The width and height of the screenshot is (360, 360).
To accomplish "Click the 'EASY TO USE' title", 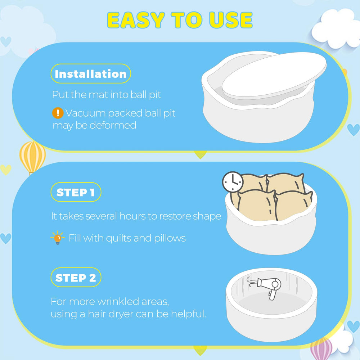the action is tap(180, 20).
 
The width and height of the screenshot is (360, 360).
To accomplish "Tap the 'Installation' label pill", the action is tap(91, 74).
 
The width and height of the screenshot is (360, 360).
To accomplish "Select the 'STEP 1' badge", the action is tap(76, 192).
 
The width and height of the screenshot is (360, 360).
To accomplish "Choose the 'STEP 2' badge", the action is tap(76, 277).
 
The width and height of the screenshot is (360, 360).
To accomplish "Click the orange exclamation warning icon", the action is tap(58, 113).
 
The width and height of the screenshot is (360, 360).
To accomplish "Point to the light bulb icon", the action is tap(57, 238).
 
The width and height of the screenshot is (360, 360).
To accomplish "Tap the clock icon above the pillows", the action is tap(233, 182).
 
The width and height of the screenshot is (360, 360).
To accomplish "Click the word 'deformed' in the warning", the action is tap(113, 125).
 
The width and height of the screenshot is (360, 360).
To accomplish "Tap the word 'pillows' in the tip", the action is tap(170, 238).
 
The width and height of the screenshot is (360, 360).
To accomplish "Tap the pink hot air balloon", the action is tap(321, 349).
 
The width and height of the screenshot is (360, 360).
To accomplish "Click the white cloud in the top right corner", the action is tap(336, 29).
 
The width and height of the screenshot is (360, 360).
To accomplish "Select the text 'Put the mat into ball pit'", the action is tap(107, 95).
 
